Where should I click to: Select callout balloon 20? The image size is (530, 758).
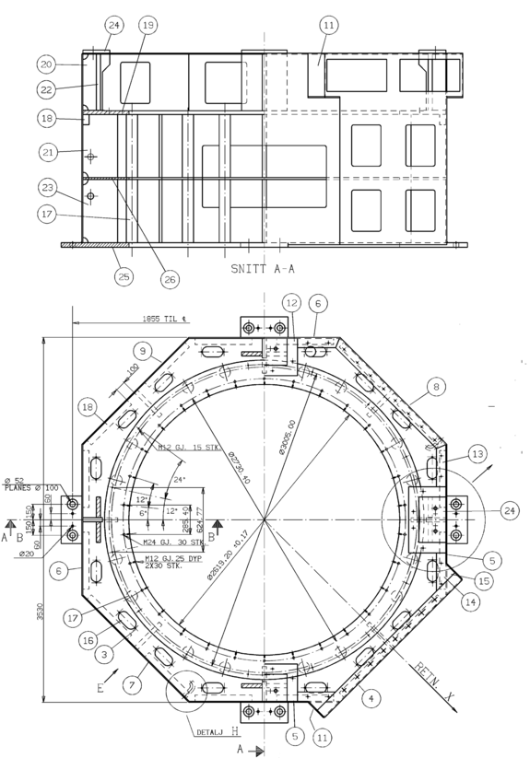tap(47, 64)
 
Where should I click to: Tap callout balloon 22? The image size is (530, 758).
tap(47, 88)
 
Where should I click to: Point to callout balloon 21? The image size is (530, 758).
tap(47, 151)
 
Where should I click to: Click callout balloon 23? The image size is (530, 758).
tap(47, 187)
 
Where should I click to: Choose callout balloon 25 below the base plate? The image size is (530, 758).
tap(124, 274)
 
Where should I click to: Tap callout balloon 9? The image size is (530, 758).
tap(142, 350)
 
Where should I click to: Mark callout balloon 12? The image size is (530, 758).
tap(291, 302)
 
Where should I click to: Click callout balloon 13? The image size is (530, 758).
tap(476, 453)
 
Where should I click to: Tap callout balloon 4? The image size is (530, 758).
tap(370, 699)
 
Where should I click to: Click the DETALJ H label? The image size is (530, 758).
tap(218, 732)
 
